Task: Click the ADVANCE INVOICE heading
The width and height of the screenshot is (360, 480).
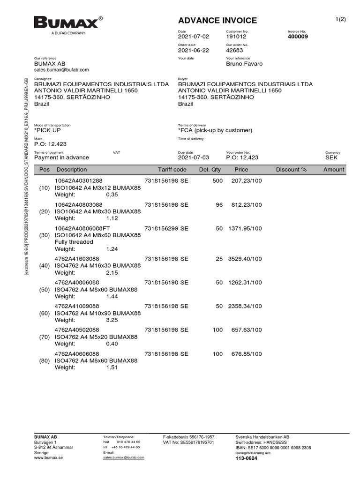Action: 217,20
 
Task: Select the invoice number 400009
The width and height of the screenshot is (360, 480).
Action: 298,37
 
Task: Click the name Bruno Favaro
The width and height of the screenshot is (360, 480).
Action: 244,64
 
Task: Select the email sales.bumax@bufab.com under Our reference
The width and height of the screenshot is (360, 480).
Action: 61,69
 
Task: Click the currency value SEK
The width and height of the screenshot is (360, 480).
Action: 331,158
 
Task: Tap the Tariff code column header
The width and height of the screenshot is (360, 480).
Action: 172,170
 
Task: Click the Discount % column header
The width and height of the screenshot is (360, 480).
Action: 291,170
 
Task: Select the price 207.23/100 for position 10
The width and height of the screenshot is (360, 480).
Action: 247,180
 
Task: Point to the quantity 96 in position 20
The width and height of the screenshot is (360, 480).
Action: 219,205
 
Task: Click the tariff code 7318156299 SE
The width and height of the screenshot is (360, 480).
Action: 166,228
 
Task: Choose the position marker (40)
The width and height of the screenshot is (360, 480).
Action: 45,266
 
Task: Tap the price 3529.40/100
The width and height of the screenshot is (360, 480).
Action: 245,259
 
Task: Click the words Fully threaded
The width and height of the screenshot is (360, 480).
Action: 74,242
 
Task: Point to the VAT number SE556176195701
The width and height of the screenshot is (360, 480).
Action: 188,442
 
